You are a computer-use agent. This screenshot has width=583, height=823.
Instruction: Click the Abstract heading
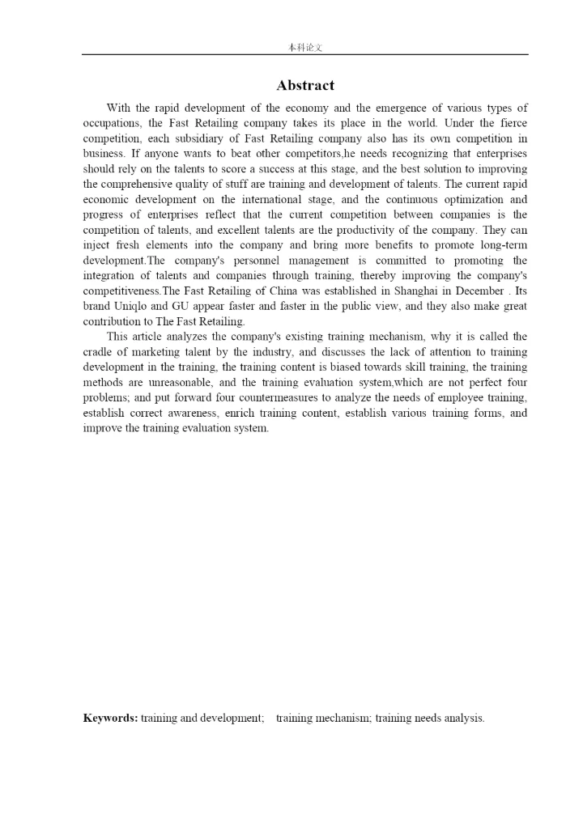coord(304,86)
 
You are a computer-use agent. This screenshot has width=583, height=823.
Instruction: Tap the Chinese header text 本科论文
coord(305,48)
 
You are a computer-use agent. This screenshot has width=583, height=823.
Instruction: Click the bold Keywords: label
coord(110,718)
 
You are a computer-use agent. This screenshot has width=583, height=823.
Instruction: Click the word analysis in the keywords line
coord(464,718)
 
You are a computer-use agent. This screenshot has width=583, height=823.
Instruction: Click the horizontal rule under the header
coord(305,55)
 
